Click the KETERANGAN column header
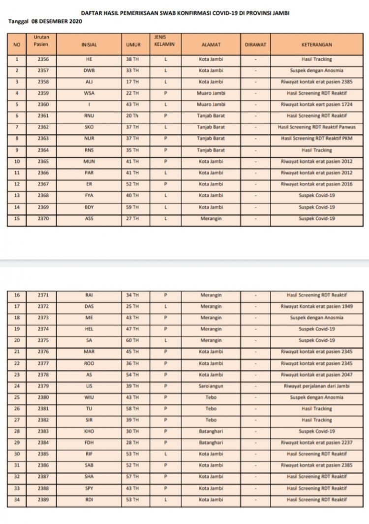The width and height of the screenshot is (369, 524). click(316, 44)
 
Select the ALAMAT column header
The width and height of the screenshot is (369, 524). click(211, 44)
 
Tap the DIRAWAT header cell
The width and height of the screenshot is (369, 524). click(255, 44)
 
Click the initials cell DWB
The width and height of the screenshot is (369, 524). click(89, 70)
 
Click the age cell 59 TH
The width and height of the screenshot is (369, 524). click(132, 207)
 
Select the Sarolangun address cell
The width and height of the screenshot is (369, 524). click(211, 386)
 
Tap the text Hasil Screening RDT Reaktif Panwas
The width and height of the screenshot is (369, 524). click(316, 127)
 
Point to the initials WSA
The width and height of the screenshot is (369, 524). click(89, 93)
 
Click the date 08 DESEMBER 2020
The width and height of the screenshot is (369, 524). click(53, 22)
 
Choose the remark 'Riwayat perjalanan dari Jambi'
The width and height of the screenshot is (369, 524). click(316, 386)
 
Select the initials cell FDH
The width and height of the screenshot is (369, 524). click(89, 443)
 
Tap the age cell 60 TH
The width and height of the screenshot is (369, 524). click(132, 340)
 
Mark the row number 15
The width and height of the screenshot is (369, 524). click(17, 218)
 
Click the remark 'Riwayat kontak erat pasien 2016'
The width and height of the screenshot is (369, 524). click(316, 184)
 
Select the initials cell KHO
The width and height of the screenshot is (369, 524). click(89, 431)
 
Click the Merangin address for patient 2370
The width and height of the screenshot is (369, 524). click(211, 218)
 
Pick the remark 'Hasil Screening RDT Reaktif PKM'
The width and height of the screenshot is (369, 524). click(316, 139)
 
